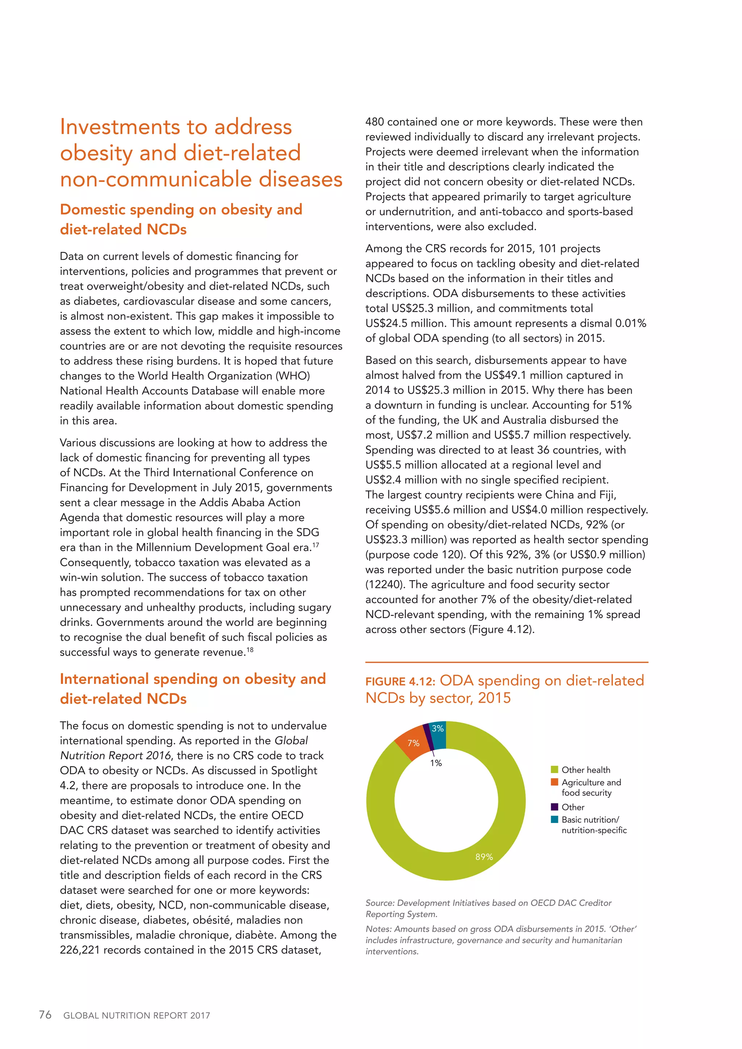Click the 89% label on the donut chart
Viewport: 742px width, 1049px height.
coord(484,857)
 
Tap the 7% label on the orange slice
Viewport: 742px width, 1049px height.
coord(413,743)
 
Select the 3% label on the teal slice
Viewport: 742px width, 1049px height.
coord(438,729)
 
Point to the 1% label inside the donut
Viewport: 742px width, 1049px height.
coord(436,763)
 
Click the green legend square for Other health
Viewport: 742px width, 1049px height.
coord(554,770)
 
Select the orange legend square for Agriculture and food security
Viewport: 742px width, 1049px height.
coord(554,782)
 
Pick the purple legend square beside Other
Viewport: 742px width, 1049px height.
coord(554,807)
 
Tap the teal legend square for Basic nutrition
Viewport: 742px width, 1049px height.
coord(554,820)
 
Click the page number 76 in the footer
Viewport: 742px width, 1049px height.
coord(45,1015)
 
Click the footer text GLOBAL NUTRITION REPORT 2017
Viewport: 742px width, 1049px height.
coord(137,1016)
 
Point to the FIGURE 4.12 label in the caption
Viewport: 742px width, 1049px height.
coord(399,682)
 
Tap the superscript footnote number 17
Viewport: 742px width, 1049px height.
coord(316,545)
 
